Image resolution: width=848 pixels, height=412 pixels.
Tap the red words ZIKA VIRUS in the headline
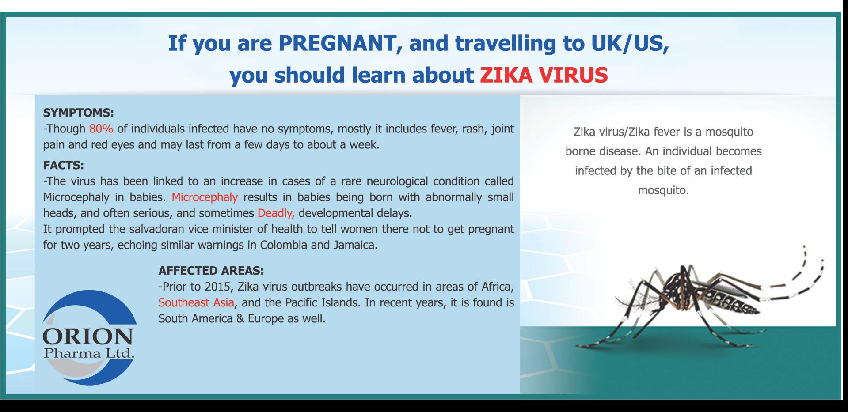point(544,75)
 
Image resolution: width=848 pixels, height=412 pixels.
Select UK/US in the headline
point(629,43)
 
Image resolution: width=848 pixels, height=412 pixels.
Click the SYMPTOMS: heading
point(78,113)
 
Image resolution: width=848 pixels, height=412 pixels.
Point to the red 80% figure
point(101,129)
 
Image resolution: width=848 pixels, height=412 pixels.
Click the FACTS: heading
point(64,165)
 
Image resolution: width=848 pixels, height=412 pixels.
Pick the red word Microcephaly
point(205,197)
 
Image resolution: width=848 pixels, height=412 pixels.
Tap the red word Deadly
point(276,213)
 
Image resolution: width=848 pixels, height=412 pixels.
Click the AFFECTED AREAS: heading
point(211,270)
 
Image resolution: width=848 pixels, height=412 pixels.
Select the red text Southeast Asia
point(196,302)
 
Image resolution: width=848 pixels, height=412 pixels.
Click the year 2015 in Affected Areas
point(217,287)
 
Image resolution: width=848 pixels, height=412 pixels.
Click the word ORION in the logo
point(88,337)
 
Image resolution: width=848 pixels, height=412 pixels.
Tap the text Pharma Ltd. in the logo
point(89,353)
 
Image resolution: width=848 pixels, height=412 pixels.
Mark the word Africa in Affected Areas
point(498,287)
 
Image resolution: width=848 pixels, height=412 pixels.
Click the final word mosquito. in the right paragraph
point(663,190)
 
